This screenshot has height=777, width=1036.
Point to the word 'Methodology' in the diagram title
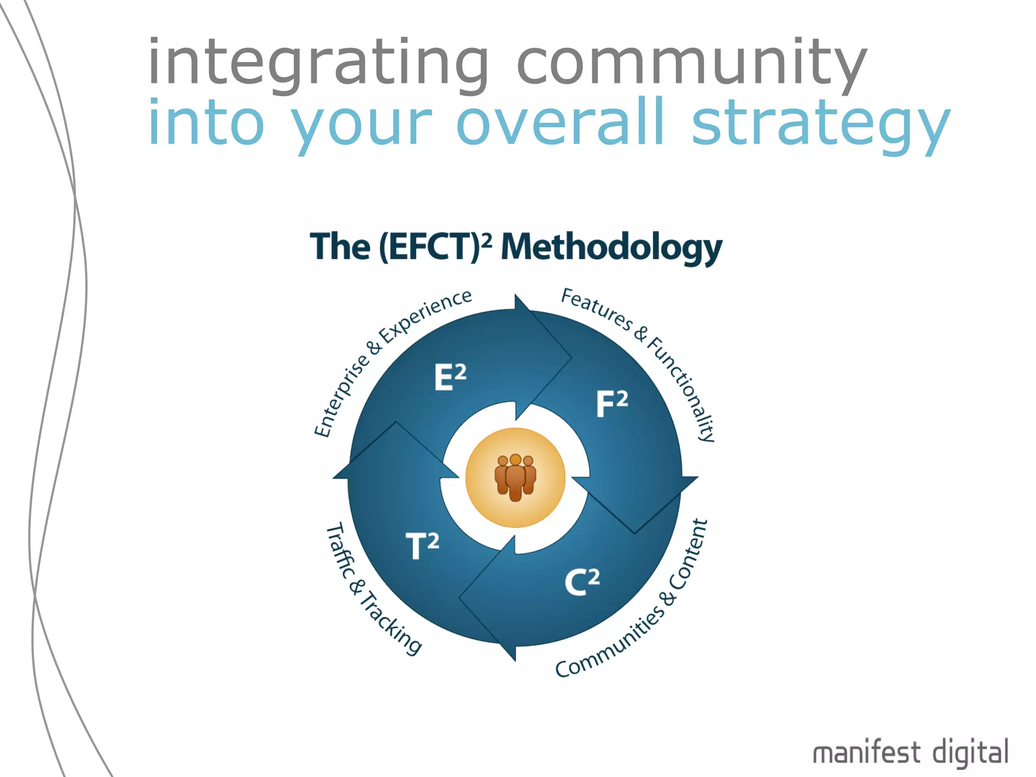point(612,248)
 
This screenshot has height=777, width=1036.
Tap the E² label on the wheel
point(450,377)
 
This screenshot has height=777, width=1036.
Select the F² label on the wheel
point(612,404)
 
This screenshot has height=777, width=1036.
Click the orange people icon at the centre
point(515,478)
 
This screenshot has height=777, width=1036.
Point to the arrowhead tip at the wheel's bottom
point(514,659)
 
